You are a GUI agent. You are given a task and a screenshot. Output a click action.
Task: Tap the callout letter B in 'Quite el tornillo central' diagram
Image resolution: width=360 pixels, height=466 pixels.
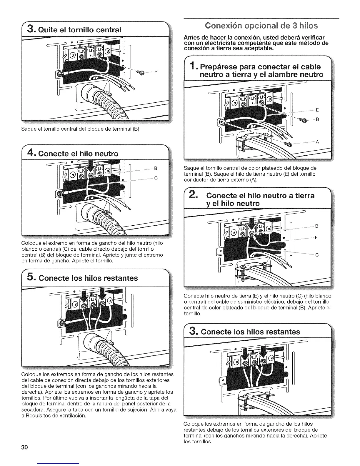pyautogui.click(x=156, y=71)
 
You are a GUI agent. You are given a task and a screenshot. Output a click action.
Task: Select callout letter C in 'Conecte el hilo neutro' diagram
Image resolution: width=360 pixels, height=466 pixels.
pyautogui.click(x=156, y=178)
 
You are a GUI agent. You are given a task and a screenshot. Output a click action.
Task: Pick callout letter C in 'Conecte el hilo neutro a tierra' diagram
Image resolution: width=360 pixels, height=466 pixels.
pyautogui.click(x=317, y=255)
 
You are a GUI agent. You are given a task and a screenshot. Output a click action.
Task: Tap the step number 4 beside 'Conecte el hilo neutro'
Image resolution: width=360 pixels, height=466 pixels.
pyautogui.click(x=32, y=153)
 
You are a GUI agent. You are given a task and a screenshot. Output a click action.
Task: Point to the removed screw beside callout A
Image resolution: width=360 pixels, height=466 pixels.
pyautogui.click(x=289, y=144)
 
